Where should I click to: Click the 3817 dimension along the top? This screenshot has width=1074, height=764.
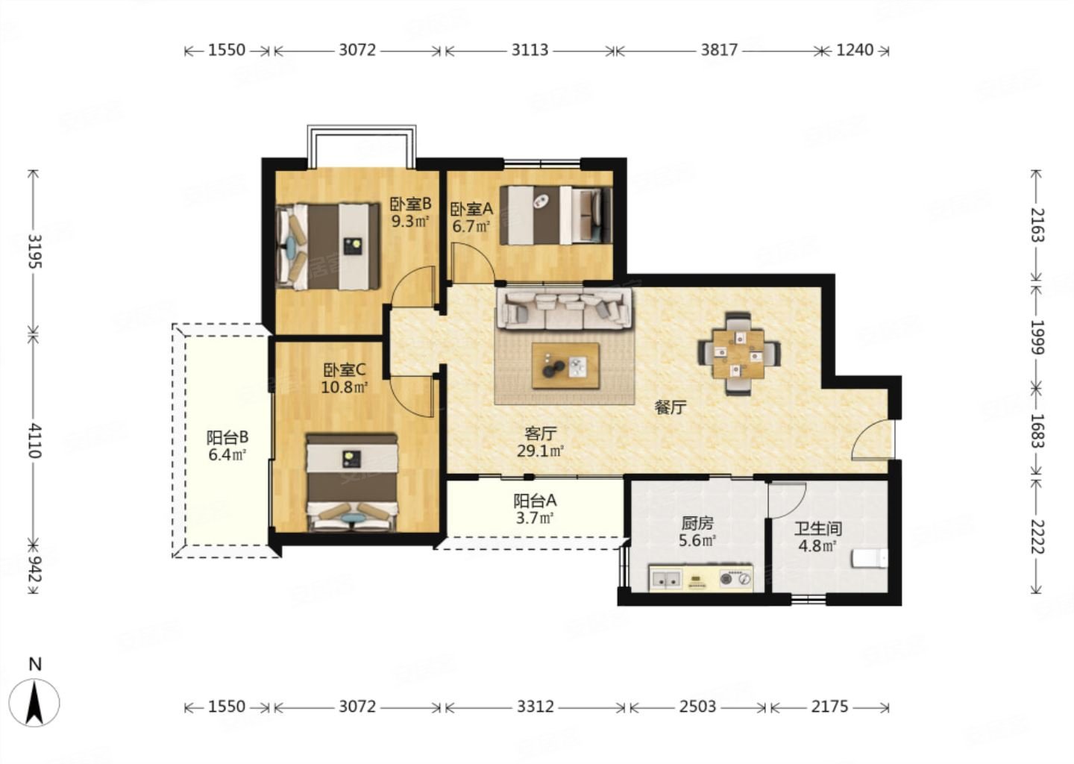point(719,50)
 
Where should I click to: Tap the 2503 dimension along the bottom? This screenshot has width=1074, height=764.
point(697,707)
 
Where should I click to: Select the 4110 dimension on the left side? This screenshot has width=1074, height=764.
point(34,441)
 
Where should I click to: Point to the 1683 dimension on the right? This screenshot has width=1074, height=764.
point(1037,431)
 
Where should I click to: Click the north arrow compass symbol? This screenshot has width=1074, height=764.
point(34,703)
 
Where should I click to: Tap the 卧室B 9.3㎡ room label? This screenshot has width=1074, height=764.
point(410,213)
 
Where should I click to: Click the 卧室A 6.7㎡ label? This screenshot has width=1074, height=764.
point(471,217)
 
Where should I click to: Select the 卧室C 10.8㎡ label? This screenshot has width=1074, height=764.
point(345,378)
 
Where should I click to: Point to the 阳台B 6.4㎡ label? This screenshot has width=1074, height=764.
point(227,445)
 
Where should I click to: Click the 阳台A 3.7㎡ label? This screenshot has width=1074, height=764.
point(535,509)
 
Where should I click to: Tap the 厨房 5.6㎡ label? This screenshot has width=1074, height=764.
point(697,531)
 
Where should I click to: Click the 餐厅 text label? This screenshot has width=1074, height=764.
point(671,407)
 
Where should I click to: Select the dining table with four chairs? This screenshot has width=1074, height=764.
point(738,354)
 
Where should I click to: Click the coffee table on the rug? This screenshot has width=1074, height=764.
point(565,366)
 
